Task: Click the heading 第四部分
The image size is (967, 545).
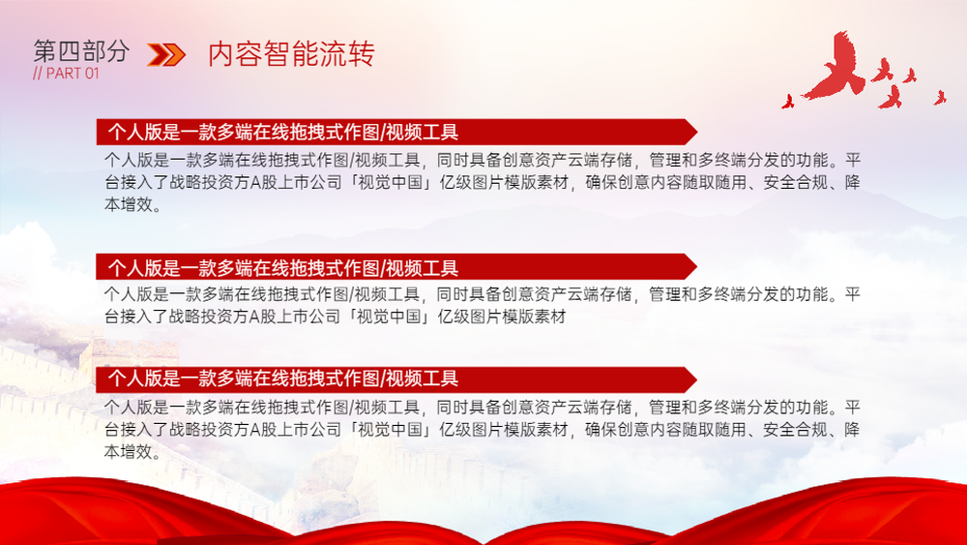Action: pos(81,51)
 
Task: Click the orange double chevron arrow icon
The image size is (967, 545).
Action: pos(166,55)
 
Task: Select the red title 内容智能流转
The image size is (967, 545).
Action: pos(291,53)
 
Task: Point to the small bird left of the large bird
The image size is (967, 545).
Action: pos(787,102)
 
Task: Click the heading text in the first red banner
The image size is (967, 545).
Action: pos(283,132)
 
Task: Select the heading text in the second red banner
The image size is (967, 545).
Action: pos(283,268)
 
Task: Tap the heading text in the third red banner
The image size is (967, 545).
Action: pos(283,378)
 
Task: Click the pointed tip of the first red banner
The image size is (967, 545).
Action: pos(697,132)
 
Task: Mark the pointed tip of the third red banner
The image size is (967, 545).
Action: pos(696,379)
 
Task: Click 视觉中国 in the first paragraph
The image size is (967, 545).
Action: pos(391,183)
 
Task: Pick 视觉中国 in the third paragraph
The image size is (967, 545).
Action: pos(391,430)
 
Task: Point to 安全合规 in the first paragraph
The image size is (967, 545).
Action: pos(796,183)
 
